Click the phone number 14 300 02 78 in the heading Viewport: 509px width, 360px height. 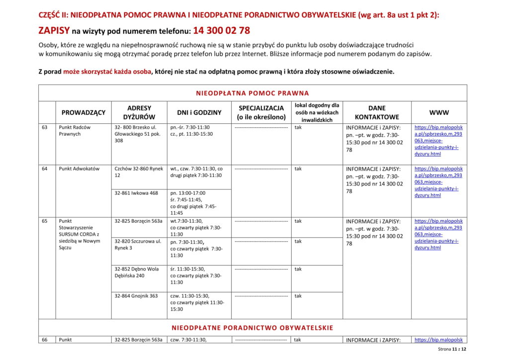pos(221,31)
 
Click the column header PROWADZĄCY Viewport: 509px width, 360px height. pos(84,112)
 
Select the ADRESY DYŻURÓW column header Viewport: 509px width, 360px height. pos(139,112)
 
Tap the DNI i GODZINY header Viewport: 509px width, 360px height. pos(199,112)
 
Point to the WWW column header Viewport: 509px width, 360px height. pos(439,112)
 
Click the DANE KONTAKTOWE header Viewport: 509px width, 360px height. pos(376,112)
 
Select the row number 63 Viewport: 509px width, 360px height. pos(45,127)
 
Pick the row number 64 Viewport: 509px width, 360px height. pos(45,169)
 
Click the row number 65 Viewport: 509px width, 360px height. pos(45,221)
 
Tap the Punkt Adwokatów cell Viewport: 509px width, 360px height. pos(79,169)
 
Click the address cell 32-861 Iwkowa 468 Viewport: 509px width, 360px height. pos(136,193)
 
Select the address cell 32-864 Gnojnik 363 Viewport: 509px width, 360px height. pos(136,296)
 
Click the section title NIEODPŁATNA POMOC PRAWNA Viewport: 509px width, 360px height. pos(253,93)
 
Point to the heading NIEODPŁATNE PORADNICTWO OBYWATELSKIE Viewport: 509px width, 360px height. pos(253,328)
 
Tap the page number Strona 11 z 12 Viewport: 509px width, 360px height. pos(452,350)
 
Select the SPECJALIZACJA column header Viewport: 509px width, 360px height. pos(261,112)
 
